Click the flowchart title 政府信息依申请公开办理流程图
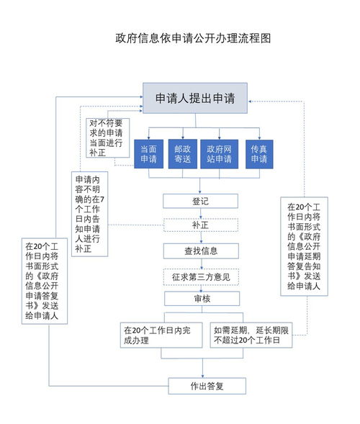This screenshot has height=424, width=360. click(x=193, y=38)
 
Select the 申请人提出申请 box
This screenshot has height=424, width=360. click(x=195, y=98)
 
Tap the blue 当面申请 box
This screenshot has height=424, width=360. click(x=149, y=154)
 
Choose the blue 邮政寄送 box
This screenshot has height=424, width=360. click(x=183, y=154)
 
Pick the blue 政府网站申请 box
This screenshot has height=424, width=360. click(x=220, y=154)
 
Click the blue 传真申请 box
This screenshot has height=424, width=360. click(x=259, y=154)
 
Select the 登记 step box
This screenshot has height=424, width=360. click(x=200, y=201)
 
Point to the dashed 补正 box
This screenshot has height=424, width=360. click(x=201, y=225)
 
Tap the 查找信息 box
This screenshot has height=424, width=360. click(x=201, y=251)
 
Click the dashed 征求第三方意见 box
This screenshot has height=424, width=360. click(x=201, y=277)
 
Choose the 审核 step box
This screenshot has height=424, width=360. click(x=202, y=299)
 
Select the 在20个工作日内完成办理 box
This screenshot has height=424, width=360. click(x=161, y=335)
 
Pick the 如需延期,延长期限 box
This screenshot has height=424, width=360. click(x=251, y=335)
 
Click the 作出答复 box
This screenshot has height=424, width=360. click(x=207, y=386)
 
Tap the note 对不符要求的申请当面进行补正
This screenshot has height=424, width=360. click(x=108, y=138)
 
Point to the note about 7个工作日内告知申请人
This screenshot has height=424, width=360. click(x=89, y=214)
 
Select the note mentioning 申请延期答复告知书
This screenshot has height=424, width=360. click(x=304, y=246)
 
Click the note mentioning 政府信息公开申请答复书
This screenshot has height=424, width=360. click(x=45, y=281)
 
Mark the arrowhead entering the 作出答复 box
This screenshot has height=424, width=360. click(x=202, y=376)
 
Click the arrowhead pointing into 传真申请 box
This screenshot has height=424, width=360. click(x=259, y=138)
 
